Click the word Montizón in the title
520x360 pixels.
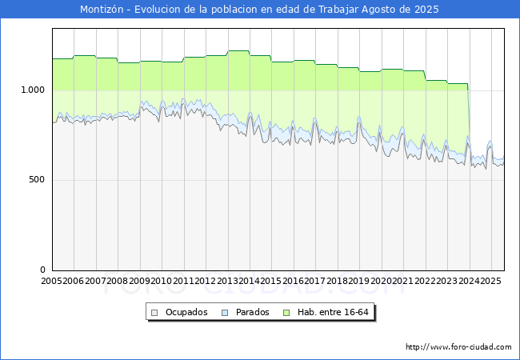(x=102, y=10)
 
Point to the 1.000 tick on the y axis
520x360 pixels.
(x=33, y=90)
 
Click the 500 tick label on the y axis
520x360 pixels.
(x=37, y=180)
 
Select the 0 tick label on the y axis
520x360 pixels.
(x=42, y=270)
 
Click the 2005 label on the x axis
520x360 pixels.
(x=51, y=281)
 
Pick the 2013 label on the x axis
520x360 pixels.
(x=227, y=281)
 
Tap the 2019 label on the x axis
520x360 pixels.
(x=359, y=281)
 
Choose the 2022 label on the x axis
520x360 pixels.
(x=425, y=281)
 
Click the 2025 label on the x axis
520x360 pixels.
(x=490, y=281)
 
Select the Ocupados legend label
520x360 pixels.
(x=186, y=312)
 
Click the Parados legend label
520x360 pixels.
(x=252, y=312)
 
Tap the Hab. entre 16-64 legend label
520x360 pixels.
(x=333, y=312)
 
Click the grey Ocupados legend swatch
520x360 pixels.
(x=154, y=313)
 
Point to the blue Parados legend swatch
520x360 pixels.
(x=225, y=313)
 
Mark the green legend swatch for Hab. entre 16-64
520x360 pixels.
(x=286, y=313)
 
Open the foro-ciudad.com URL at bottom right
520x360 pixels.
(x=458, y=347)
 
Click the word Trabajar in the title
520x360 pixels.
(x=338, y=10)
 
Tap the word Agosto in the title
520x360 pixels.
(x=379, y=10)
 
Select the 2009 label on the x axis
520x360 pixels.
(x=139, y=281)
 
